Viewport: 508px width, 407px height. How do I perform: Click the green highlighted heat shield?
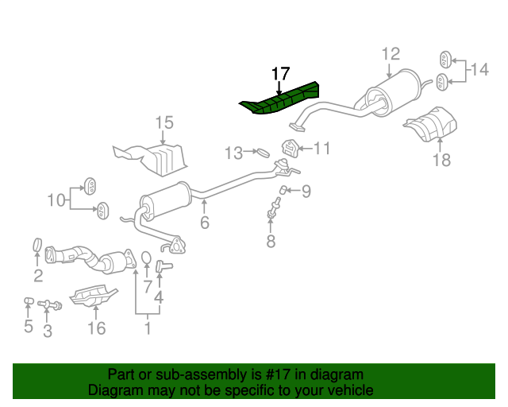[x=280, y=99]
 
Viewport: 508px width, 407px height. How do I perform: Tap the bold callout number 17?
[x=280, y=74]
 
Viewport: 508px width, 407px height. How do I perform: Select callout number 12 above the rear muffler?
[x=391, y=54]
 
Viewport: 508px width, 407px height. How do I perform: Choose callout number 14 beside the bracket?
[x=479, y=69]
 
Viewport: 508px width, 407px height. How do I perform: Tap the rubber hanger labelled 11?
[x=289, y=148]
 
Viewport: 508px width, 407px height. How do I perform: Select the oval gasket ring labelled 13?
[x=263, y=152]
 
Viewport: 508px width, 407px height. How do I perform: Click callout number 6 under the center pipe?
[x=205, y=223]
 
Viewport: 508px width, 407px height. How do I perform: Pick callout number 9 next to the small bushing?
[x=306, y=191]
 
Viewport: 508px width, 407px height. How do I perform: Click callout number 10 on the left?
[x=56, y=200]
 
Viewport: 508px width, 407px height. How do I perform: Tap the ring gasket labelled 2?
[x=38, y=245]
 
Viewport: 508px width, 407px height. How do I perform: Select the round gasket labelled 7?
[x=147, y=258]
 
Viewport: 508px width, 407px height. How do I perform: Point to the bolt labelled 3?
[x=49, y=304]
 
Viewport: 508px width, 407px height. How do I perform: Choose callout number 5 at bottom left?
[x=29, y=326]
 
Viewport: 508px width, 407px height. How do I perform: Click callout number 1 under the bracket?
[x=148, y=328]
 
